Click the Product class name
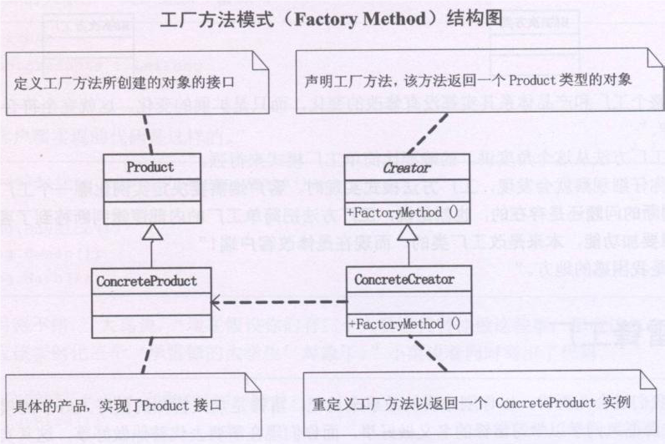point(150,167)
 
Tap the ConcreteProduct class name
point(147,280)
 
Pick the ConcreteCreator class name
point(405,280)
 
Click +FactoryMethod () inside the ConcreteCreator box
point(405,323)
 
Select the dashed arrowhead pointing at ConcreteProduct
point(216,302)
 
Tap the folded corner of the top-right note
point(648,59)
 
